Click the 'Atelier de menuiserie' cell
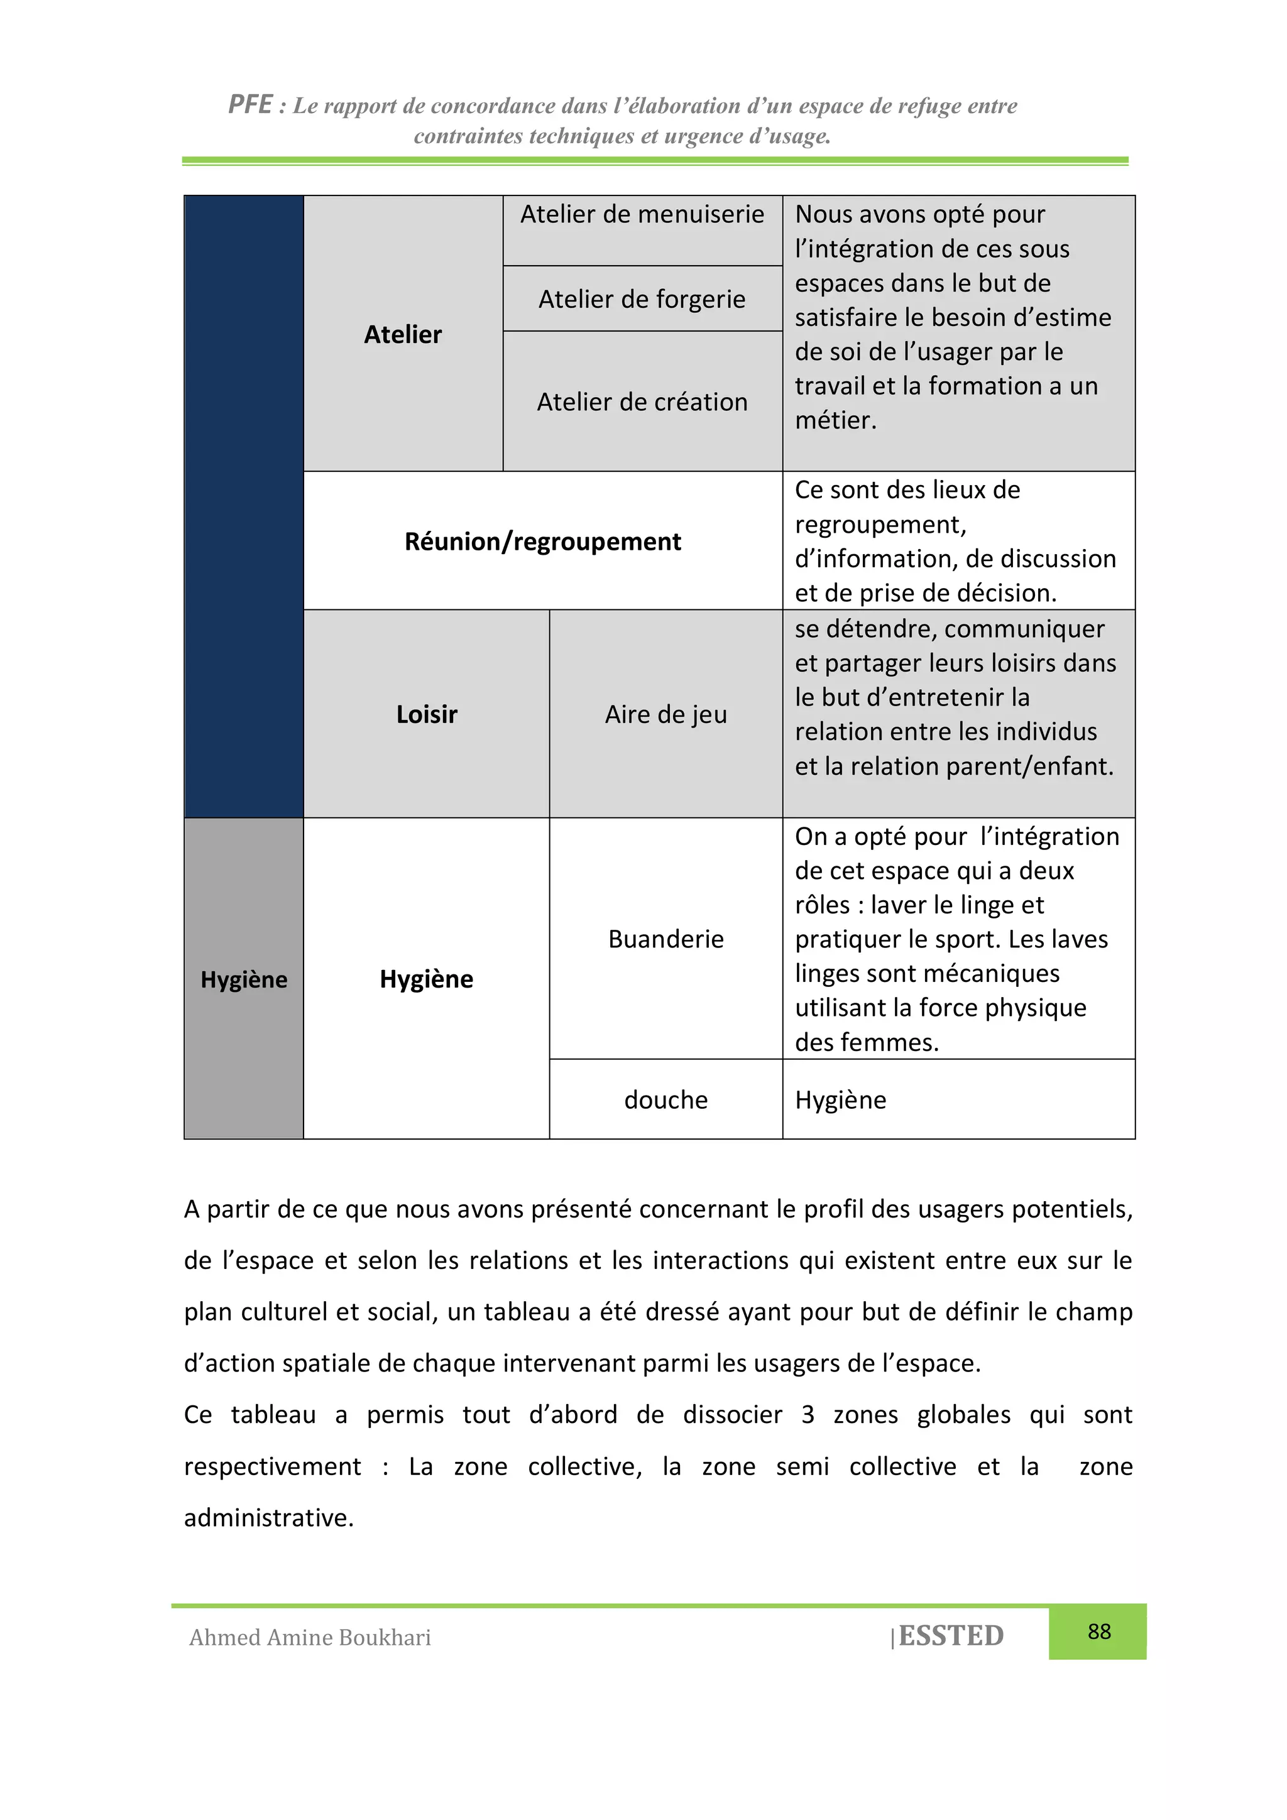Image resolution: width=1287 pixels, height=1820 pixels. (642, 215)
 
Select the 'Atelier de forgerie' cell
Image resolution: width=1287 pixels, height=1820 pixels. (642, 300)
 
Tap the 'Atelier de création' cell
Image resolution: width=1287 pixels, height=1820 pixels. (642, 402)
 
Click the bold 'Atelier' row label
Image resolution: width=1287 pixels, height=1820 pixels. (402, 334)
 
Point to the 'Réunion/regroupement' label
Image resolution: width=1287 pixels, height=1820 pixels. (542, 542)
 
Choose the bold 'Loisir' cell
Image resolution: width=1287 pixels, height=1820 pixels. (427, 714)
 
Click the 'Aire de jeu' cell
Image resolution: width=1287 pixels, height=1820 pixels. (665, 714)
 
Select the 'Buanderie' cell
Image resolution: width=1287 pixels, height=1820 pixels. (665, 939)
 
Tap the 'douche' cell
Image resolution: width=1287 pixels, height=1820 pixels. (665, 1100)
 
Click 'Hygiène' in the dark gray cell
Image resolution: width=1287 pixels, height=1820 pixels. (243, 980)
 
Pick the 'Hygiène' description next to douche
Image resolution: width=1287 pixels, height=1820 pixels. (841, 1100)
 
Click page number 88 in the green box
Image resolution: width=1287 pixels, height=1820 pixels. (1098, 1632)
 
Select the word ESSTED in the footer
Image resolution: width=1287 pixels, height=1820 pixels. (951, 1636)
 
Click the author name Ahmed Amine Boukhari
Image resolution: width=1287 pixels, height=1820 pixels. (310, 1638)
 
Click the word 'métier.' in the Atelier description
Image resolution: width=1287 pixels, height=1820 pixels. (836, 420)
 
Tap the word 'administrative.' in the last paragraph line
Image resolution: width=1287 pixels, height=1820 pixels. (269, 1517)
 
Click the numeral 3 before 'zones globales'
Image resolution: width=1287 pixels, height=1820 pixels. (808, 1414)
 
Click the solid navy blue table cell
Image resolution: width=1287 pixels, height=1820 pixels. (243, 508)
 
